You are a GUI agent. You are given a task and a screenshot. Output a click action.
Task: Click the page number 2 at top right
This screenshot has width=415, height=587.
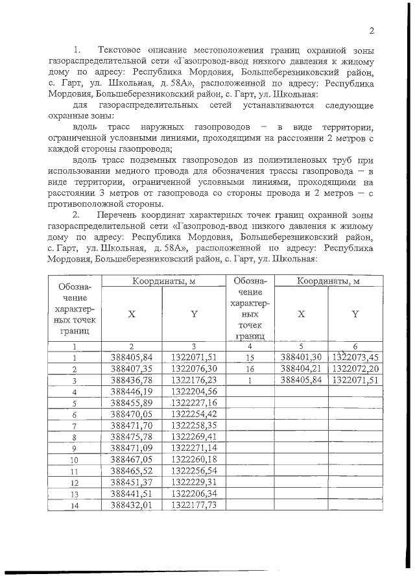(x=372, y=30)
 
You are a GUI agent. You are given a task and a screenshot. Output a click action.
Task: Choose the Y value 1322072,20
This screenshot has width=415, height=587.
(x=355, y=368)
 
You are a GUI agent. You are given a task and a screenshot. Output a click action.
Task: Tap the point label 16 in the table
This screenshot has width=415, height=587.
(x=249, y=369)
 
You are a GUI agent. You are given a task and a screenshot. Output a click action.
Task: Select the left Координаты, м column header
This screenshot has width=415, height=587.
(x=161, y=281)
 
